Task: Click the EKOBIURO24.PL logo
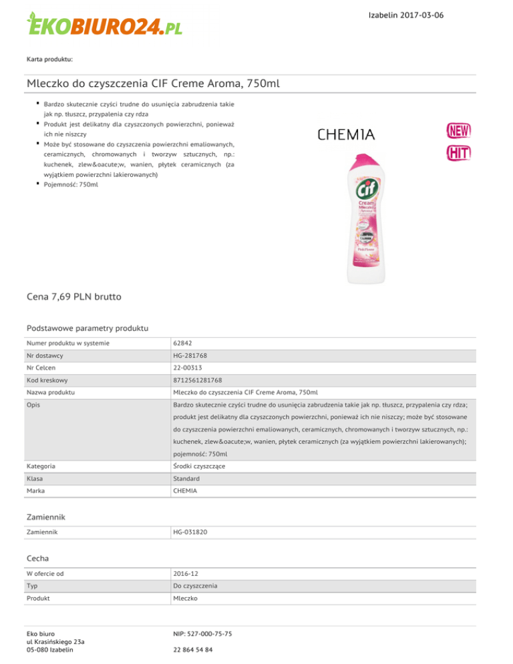point(104,27)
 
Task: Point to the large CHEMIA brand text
point(346,135)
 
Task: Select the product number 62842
point(183,343)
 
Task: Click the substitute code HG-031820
point(190,532)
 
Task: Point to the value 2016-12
point(185,572)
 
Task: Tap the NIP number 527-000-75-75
point(202,633)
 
